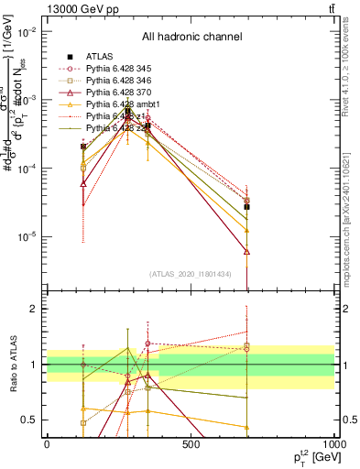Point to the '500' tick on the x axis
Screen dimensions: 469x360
click(191, 443)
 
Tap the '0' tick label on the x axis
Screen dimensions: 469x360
click(47, 443)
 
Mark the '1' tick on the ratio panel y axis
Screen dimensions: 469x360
click(33, 365)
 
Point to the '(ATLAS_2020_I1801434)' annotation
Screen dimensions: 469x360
click(191, 274)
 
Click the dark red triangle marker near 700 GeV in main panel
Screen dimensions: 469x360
click(247, 251)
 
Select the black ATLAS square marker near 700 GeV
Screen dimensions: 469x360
click(247, 207)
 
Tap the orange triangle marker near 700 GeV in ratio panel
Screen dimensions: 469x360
click(247, 427)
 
